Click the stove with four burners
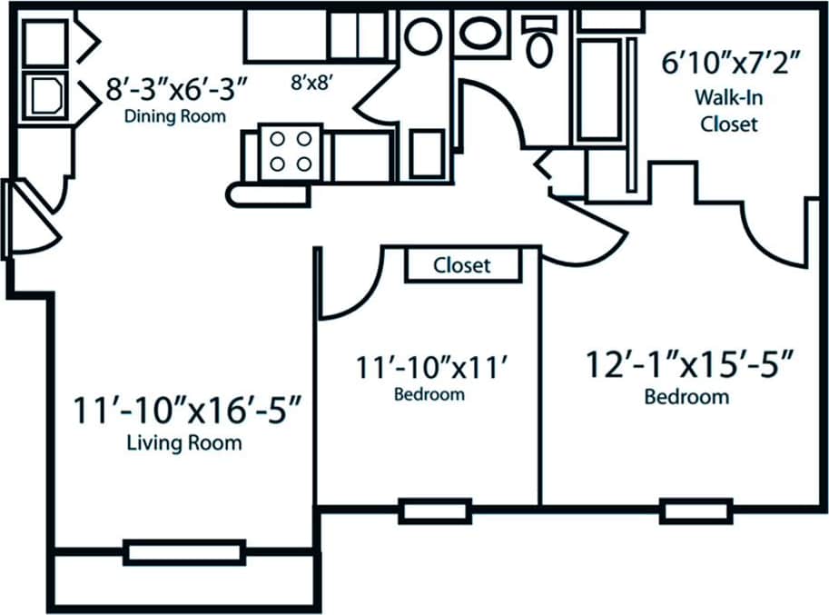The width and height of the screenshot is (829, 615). click(291, 151)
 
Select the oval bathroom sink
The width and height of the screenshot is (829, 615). click(484, 35)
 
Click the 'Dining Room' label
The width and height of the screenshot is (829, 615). click(175, 116)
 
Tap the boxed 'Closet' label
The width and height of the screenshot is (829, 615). click(462, 265)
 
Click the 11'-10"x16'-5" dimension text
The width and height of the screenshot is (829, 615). click(187, 410)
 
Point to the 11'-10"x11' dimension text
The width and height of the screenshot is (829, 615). click(429, 367)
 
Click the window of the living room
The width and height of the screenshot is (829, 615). click(184, 551)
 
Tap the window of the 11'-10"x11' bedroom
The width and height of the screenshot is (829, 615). click(423, 511)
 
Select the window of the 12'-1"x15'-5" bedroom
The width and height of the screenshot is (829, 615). click(683, 511)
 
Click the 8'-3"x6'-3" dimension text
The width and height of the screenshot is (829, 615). click(176, 91)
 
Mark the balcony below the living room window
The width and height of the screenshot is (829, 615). click(187, 581)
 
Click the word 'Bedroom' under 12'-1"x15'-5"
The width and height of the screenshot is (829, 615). click(686, 397)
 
